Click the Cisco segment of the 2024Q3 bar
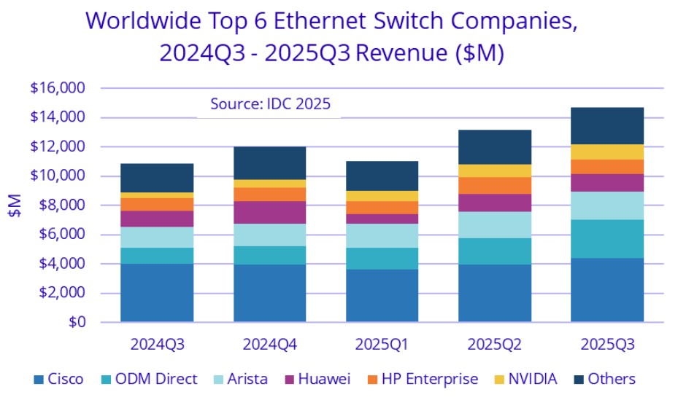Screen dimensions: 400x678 157,292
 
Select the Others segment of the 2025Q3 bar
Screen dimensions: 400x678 607,126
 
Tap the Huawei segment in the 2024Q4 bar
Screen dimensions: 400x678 269,212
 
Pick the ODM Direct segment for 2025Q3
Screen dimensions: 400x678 607,238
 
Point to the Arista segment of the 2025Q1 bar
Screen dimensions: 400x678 382,235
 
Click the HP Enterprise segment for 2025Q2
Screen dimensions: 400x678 495,185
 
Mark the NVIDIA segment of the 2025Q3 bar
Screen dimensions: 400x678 607,152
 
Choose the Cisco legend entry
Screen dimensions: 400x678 59,379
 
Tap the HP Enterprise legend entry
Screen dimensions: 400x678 427,379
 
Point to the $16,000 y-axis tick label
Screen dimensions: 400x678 58,88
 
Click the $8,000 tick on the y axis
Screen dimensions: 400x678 62,205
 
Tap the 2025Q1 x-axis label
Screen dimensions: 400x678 382,342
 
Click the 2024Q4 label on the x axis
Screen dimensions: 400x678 269,342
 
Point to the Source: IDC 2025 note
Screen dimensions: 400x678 270,104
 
